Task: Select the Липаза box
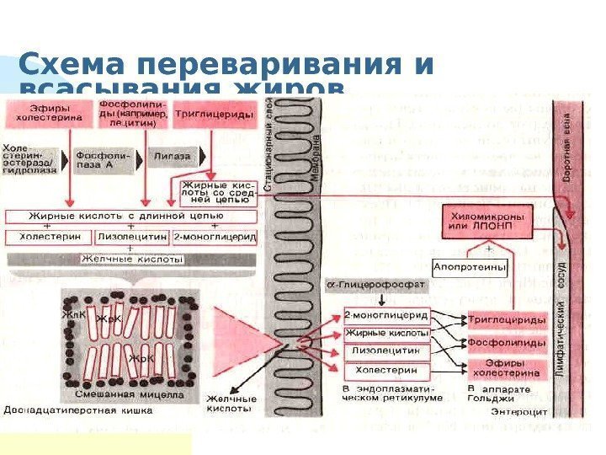[x=171, y=157]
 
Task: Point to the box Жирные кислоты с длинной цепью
[x=118, y=217]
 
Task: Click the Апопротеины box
[x=470, y=267]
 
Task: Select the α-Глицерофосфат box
[x=375, y=286]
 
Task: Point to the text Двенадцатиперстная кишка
[x=77, y=413]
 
